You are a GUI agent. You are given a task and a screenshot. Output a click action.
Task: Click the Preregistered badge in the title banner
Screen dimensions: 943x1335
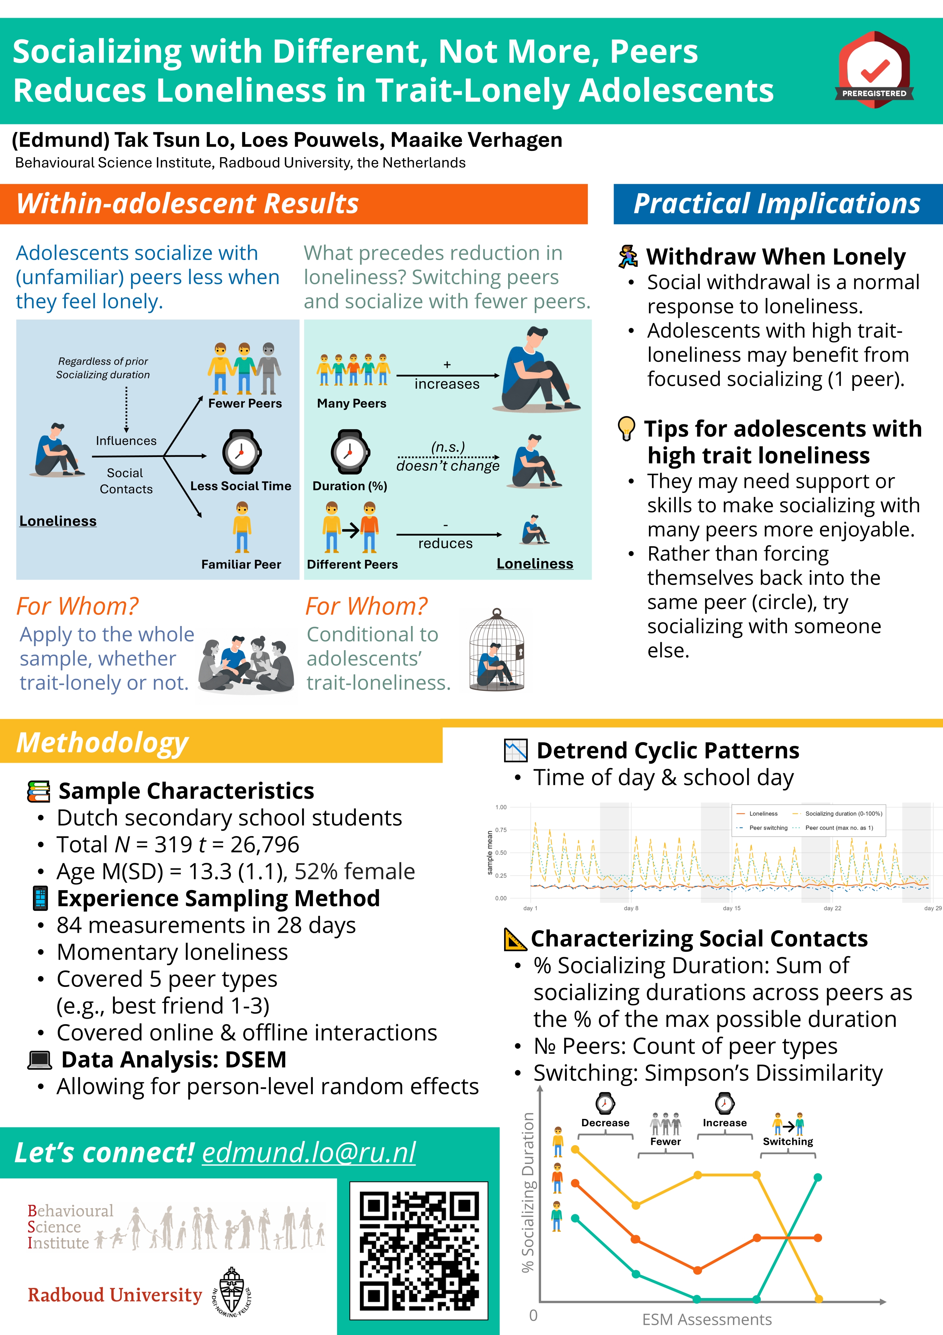(874, 70)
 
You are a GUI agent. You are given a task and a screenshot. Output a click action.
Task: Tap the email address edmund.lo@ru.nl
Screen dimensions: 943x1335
(309, 1153)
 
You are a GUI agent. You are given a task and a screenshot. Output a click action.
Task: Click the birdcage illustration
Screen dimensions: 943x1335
(497, 650)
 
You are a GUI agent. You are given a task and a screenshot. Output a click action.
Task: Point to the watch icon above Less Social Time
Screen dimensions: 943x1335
(241, 452)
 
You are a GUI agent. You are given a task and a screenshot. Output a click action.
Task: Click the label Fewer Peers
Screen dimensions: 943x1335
(245, 404)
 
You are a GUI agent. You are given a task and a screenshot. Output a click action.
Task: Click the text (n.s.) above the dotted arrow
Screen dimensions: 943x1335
(448, 447)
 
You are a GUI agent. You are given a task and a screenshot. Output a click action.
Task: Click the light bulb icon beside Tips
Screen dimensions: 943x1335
(626, 428)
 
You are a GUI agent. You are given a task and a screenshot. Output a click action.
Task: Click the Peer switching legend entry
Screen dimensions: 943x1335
(762, 827)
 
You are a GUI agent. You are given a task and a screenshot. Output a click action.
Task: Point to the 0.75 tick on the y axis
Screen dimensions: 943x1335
(500, 830)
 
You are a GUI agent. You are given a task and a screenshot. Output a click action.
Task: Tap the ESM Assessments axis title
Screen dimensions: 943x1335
(707, 1319)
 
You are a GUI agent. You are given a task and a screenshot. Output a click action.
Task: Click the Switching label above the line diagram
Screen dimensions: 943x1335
(788, 1141)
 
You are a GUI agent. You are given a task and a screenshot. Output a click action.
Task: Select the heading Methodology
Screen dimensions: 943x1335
(102, 743)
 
